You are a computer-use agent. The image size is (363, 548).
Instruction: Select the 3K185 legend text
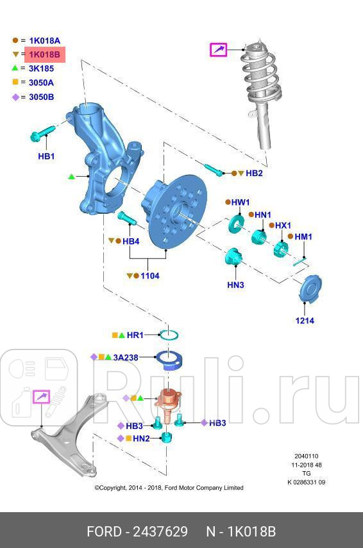[x=41, y=68]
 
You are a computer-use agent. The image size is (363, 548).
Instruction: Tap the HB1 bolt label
[x=46, y=156]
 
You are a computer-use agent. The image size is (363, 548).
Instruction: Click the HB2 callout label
[x=254, y=173]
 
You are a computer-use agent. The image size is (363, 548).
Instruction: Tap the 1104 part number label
[x=149, y=276]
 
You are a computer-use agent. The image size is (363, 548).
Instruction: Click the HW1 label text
[x=241, y=202]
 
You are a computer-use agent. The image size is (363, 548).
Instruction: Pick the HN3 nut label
[x=235, y=285]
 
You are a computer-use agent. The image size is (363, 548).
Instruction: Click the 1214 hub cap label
[x=305, y=320]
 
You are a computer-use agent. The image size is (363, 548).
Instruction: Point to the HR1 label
[x=135, y=335]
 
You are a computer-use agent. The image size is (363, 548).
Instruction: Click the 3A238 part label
[x=126, y=357]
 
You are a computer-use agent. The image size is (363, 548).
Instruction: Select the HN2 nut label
[x=142, y=439]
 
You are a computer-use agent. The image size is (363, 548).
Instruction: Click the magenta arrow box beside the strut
[x=219, y=49]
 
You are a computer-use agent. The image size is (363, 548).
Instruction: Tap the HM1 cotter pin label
[x=303, y=237]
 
